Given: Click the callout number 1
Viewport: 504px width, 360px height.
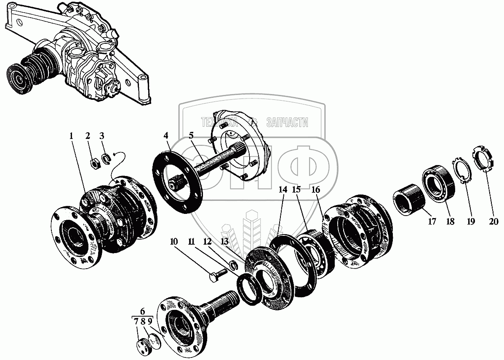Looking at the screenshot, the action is [x=71, y=136].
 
